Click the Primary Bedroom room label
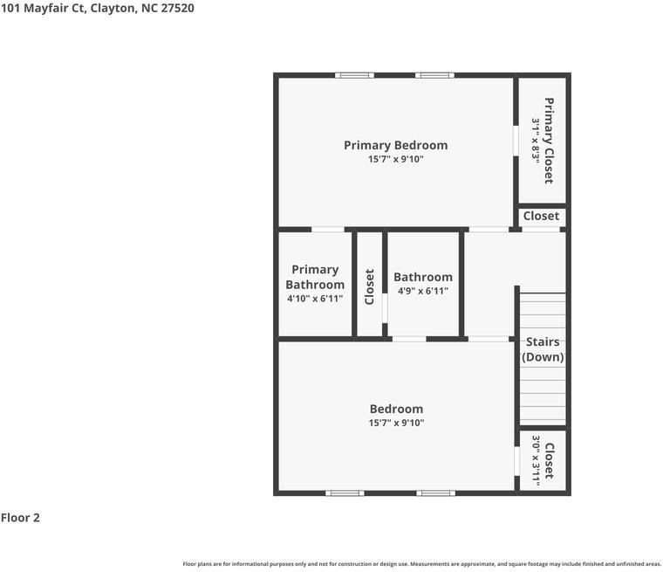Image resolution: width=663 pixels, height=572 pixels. pos(395,146)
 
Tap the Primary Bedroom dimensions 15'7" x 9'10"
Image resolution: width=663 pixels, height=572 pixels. pos(395,159)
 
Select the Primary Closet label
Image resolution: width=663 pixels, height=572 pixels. pos(549,141)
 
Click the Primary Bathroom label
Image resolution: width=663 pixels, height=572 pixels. pos(315,278)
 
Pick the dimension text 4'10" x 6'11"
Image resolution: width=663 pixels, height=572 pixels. pos(315,299)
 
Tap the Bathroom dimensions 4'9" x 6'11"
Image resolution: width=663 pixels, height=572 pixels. pos(423,291)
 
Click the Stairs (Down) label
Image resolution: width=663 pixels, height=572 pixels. pos(543,349)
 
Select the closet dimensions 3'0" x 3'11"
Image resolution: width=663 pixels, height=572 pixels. pos(536,460)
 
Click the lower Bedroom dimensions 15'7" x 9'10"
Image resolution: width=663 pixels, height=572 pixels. pos(396,423)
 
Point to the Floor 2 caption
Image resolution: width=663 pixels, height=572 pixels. pos(20,518)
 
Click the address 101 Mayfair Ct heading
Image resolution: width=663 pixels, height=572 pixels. pos(98,9)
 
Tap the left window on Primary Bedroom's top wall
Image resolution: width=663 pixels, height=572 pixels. pos(354,75)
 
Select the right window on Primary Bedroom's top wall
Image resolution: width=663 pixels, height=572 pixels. pos(434,75)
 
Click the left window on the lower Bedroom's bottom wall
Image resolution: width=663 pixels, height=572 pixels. pos(345,493)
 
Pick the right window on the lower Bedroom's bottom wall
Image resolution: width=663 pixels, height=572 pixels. pos(436,493)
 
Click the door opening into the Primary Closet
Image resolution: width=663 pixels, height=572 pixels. pos(516,141)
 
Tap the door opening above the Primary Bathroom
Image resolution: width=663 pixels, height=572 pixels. pos(328,230)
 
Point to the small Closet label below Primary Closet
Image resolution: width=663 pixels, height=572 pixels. pos(541,216)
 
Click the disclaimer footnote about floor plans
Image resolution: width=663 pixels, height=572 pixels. pos(421,564)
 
